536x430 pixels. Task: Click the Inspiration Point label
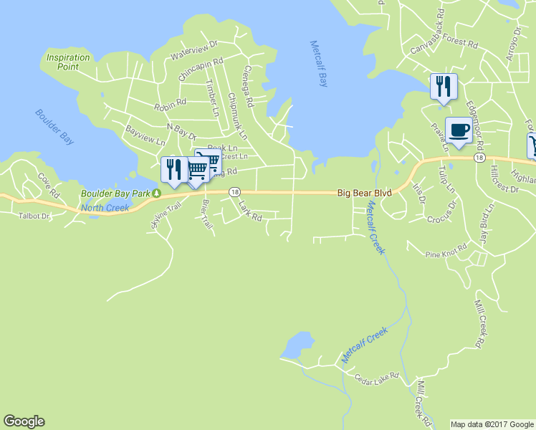pyautogui.click(x=68, y=62)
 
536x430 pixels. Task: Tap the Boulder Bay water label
pyautogui.click(x=54, y=127)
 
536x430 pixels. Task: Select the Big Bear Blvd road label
pyautogui.click(x=365, y=193)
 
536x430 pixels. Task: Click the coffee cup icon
pyautogui.click(x=459, y=130)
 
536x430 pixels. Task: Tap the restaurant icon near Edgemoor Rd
pyautogui.click(x=443, y=87)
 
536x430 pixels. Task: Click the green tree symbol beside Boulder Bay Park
pyautogui.click(x=155, y=193)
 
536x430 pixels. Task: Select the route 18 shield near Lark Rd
pyautogui.click(x=234, y=192)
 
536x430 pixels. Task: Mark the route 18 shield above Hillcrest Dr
pyautogui.click(x=479, y=158)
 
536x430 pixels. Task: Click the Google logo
pyautogui.click(x=24, y=421)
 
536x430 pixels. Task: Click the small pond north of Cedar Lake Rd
pyautogui.click(x=297, y=345)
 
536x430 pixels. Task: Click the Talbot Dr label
pyautogui.click(x=35, y=215)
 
